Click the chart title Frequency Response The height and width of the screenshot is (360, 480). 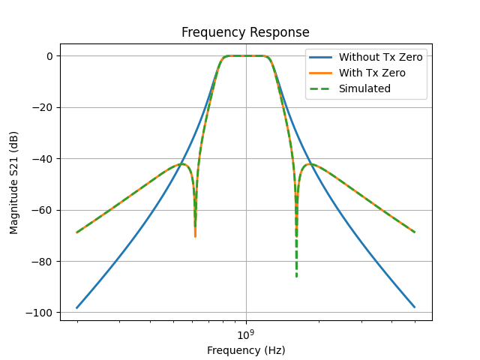pos(245,33)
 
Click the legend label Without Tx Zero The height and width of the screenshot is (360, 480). pos(381,57)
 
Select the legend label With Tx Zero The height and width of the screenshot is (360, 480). pos(372,73)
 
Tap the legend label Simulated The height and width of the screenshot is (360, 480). pos(364,88)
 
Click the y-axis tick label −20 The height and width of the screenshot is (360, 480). pos(42,107)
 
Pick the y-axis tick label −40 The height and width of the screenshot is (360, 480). pos(42,159)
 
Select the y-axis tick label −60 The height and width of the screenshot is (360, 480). pos(42,210)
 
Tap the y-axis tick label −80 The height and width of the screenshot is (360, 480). pos(42,262)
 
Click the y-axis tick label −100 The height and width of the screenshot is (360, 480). pos(40,313)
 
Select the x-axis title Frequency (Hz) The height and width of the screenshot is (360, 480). pos(246,350)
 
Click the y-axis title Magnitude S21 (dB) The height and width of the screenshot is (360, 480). pos(14,182)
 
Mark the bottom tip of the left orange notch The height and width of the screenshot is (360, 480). pos(195,237)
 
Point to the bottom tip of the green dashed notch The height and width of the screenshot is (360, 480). pos(296,276)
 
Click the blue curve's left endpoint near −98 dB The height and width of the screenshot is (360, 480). pos(77,307)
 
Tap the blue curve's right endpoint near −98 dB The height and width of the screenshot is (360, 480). pos(414,307)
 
